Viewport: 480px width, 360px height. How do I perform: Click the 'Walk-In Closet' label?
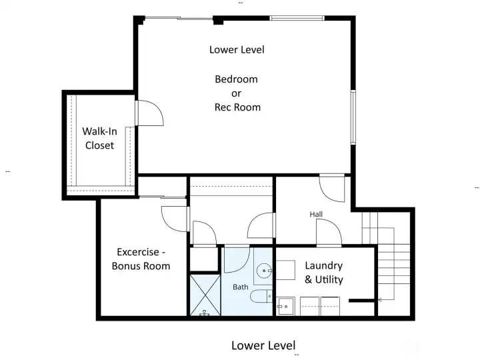click(x=98, y=138)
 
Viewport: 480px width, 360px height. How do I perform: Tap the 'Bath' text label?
click(x=240, y=287)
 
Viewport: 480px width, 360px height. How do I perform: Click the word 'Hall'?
click(x=316, y=214)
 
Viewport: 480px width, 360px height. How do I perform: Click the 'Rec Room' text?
click(x=237, y=107)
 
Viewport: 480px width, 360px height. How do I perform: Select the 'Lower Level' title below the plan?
click(x=263, y=345)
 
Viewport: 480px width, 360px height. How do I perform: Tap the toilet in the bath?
click(x=264, y=295)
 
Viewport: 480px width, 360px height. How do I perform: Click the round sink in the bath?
click(x=265, y=271)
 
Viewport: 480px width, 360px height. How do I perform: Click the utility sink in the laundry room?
click(x=286, y=307)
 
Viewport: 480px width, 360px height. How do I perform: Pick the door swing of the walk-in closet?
click(x=150, y=113)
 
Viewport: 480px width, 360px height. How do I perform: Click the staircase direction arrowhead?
click(x=379, y=300)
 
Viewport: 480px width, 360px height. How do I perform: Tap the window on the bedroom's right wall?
click(x=353, y=117)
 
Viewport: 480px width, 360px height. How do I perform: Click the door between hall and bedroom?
click(x=332, y=188)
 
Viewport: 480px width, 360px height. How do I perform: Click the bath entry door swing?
click(x=237, y=259)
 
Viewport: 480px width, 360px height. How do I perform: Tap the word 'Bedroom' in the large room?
click(x=236, y=79)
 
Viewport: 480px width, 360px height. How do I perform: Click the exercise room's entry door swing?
click(x=173, y=218)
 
